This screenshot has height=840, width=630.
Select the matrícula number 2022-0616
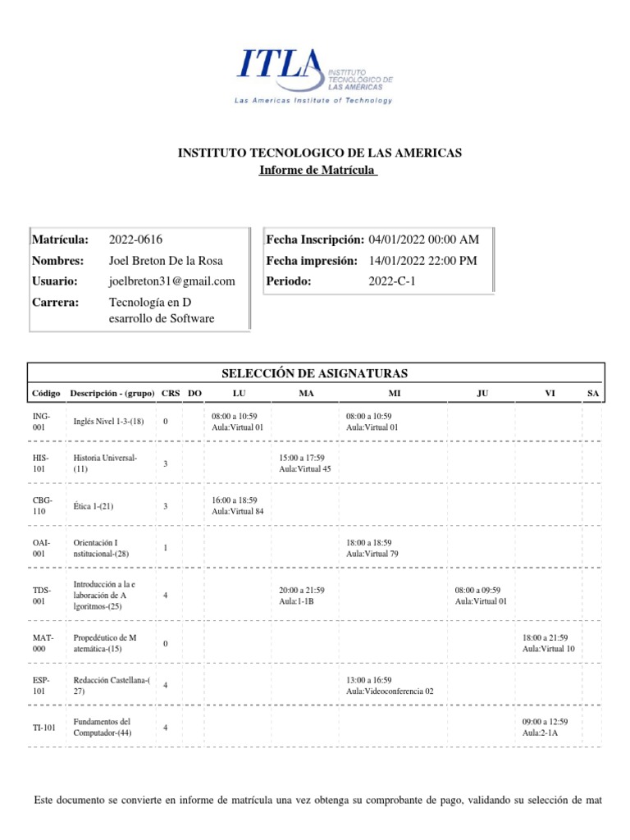(x=135, y=240)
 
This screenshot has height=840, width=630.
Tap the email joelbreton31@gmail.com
(x=171, y=281)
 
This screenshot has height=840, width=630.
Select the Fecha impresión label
(x=311, y=260)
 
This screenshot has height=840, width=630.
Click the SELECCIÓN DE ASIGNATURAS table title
(x=315, y=374)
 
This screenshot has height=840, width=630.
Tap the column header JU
(x=482, y=394)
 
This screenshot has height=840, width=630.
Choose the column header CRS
(x=171, y=394)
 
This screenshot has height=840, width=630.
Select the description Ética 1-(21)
(x=94, y=506)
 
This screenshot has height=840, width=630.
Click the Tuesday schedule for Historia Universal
(x=305, y=463)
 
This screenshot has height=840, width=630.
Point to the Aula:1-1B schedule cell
(x=302, y=596)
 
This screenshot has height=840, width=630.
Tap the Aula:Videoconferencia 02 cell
(x=390, y=685)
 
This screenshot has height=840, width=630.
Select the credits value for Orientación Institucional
(x=166, y=548)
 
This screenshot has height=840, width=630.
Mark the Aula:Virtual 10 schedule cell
(x=548, y=642)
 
